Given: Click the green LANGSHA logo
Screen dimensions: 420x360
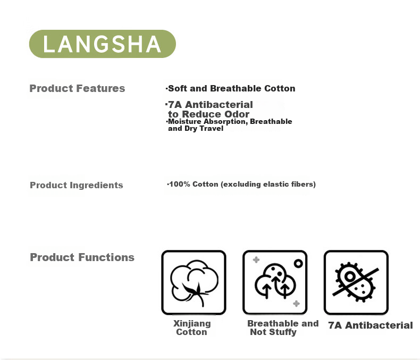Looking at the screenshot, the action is tap(102, 44).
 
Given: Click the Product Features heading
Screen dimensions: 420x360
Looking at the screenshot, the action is tap(77, 88).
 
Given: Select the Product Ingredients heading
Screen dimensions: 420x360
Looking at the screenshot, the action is tap(77, 185).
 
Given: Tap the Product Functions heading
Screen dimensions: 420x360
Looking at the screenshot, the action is tap(82, 257).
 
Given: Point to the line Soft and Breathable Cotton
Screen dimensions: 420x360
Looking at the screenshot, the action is tap(231, 88).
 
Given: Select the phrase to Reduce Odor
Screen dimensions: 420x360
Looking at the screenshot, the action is tap(208, 114).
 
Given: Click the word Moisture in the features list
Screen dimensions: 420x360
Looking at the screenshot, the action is tap(184, 121).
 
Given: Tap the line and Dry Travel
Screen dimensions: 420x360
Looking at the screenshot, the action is tap(196, 128).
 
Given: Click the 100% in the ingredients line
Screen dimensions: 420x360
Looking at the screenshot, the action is tap(180, 184).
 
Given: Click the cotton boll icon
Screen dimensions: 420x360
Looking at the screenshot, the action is tap(194, 282).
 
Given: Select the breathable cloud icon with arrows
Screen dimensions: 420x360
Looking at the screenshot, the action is tap(275, 281).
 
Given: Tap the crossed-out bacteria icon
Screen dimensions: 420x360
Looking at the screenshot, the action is tap(356, 282).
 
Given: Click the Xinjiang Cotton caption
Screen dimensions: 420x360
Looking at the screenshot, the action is tap(192, 328).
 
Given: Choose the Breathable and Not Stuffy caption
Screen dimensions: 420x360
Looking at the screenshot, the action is tap(283, 328).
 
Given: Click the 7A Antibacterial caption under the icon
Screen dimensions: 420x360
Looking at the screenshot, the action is tap(371, 325).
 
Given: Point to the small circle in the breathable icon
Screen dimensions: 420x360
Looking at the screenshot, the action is tap(298, 264).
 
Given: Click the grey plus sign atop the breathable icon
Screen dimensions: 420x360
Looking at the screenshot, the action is tap(256, 259).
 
